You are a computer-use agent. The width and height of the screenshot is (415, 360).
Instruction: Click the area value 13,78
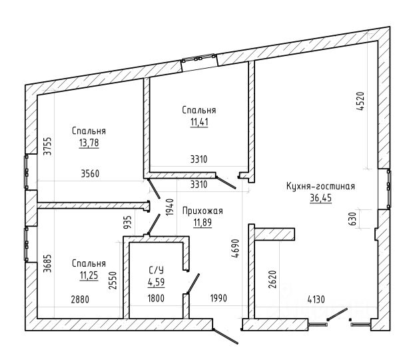click(89, 143)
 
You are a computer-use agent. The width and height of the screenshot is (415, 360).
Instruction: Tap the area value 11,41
click(199, 122)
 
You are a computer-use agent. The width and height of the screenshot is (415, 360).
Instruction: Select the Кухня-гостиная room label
click(320, 186)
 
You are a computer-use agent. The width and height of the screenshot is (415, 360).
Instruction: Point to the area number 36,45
click(321, 198)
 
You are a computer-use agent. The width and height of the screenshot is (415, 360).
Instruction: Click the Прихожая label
click(203, 211)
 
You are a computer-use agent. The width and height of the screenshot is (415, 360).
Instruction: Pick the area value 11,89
click(203, 223)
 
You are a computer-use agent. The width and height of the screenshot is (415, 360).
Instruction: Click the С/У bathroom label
click(156, 270)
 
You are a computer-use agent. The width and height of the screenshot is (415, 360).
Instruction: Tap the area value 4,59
click(156, 282)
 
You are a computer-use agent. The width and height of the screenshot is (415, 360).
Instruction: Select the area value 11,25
click(89, 275)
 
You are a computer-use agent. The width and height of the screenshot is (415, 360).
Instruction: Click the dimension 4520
click(360, 101)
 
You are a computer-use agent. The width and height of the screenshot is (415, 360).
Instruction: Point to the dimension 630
click(353, 219)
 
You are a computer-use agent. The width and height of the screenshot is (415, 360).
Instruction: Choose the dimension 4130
click(316, 299)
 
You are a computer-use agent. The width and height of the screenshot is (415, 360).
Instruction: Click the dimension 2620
click(272, 279)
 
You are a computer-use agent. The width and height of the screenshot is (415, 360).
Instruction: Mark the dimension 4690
click(235, 248)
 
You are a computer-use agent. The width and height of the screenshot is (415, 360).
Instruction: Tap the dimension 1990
click(218, 298)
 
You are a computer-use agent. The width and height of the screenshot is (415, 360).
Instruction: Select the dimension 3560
click(90, 174)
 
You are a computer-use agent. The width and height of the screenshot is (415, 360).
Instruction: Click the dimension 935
click(128, 222)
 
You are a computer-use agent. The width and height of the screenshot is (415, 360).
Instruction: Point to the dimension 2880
click(80, 299)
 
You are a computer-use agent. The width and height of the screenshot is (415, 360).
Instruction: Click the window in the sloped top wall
click(199, 63)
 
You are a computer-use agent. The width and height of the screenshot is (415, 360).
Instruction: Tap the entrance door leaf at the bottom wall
click(226, 336)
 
